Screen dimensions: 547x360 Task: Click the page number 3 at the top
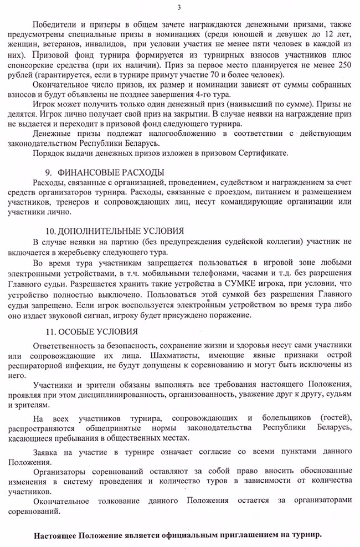tap(179, 7)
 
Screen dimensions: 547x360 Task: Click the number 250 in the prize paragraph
tap(344, 65)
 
